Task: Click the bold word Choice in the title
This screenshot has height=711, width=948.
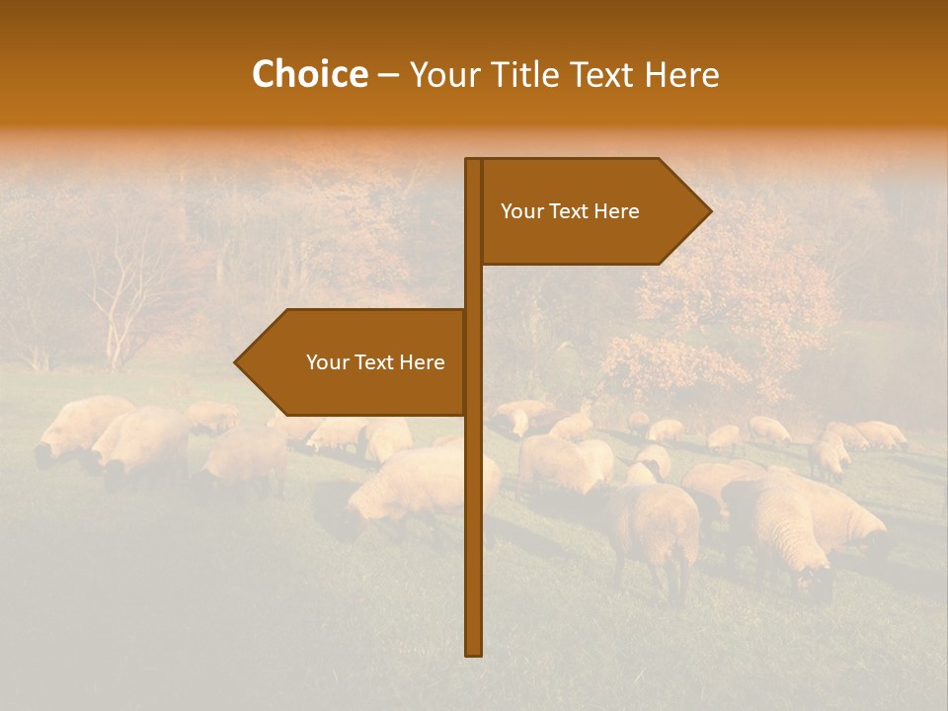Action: [x=309, y=75]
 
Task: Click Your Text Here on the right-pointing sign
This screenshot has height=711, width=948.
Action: [x=570, y=211]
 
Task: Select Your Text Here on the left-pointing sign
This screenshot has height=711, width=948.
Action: [x=375, y=362]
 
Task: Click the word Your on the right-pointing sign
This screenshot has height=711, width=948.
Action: [x=520, y=211]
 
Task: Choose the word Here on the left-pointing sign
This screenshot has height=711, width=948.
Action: [x=422, y=362]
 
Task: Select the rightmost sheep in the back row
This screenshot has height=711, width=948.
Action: [x=882, y=434]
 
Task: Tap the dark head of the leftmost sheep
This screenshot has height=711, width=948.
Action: [x=43, y=455]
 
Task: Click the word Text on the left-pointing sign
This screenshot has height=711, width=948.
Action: [x=375, y=362]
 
